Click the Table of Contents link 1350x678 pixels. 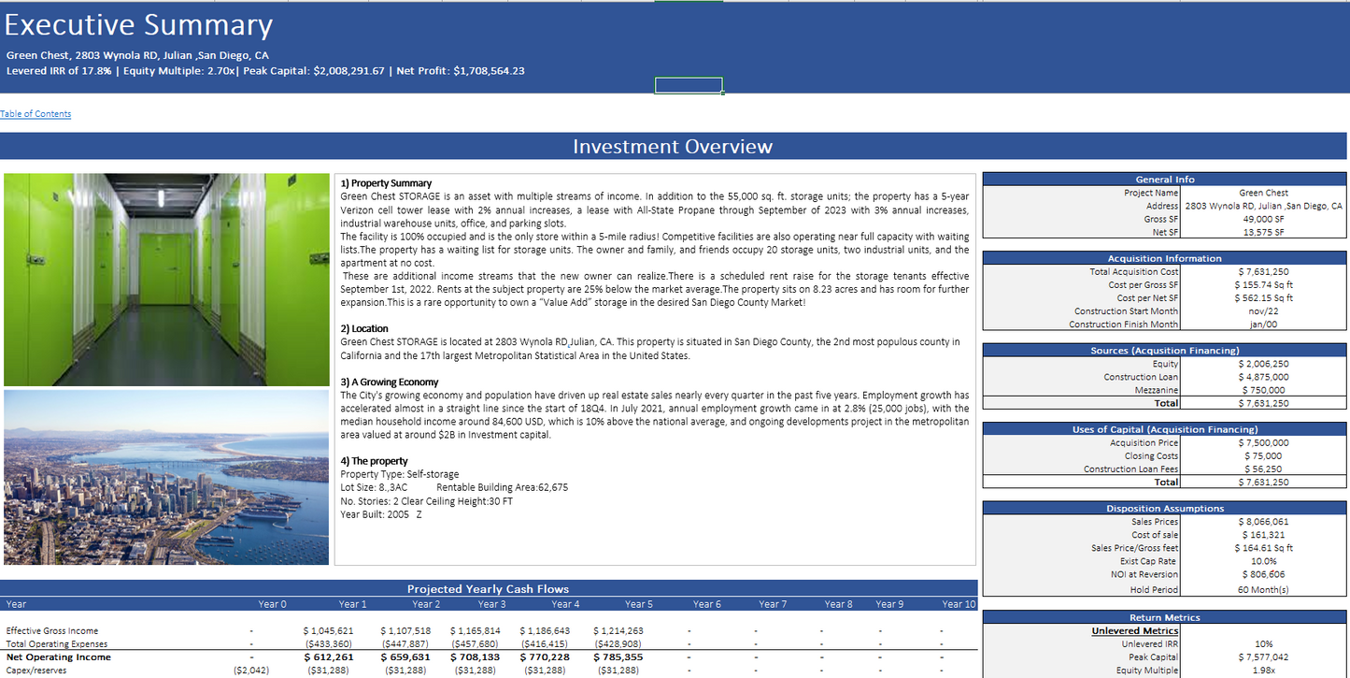coord(36,114)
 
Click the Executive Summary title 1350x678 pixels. coord(139,25)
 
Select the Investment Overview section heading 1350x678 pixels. coord(673,147)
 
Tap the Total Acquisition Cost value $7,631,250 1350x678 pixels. coord(1263,272)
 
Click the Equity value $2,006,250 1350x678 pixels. coord(1263,364)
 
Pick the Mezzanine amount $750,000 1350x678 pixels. coord(1263,390)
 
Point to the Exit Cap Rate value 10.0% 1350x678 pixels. coord(1263,561)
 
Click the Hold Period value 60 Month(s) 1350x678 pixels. coord(1263,590)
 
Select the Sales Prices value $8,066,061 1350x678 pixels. coord(1263,522)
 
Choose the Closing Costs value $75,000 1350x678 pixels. coord(1263,456)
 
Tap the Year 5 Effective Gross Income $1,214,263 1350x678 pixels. coord(618,631)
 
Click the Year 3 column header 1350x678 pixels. coord(491,604)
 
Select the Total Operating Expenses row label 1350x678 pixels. coord(57,644)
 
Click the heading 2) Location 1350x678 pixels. coord(364,329)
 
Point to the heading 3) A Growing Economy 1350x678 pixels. coord(389,382)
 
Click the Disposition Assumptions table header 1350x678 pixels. coord(1165,509)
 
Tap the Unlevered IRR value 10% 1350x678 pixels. coord(1263,644)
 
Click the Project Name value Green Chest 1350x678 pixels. coord(1263,193)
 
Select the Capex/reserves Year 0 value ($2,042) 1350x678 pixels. coord(251,671)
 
